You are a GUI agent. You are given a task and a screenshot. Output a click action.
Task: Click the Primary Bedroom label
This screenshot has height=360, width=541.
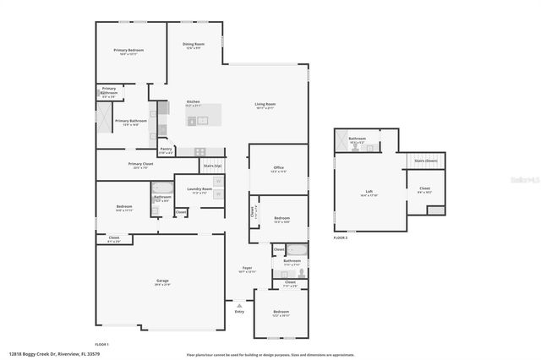(x=128, y=52)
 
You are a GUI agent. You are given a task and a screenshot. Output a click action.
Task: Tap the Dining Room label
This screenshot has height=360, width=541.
(x=194, y=45)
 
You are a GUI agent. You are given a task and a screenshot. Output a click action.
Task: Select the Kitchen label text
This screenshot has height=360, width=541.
(x=194, y=104)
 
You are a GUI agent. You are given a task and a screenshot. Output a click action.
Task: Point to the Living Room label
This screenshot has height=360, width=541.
(x=265, y=106)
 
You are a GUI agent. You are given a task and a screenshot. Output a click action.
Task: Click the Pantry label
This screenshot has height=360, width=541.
(x=167, y=150)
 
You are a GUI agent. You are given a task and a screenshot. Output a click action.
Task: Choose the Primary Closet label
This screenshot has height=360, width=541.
(x=140, y=165)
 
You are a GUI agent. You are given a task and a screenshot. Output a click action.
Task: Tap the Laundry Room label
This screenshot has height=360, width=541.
(x=200, y=190)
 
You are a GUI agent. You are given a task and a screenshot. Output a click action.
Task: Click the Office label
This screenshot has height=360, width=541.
(x=278, y=169)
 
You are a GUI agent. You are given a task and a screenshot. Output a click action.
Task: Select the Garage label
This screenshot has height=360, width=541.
(x=162, y=282)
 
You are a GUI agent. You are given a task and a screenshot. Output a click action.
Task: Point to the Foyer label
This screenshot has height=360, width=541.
(x=247, y=269)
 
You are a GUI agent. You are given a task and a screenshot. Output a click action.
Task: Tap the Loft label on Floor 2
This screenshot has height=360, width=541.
(x=369, y=193)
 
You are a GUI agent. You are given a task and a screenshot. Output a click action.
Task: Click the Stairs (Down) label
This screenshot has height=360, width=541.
(x=424, y=160)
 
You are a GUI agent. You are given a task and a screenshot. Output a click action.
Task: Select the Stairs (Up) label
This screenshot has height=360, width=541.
(x=212, y=166)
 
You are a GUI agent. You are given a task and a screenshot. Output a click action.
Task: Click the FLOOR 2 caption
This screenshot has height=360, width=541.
(x=340, y=238)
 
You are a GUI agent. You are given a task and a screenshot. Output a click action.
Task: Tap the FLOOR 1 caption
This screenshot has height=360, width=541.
(x=101, y=345)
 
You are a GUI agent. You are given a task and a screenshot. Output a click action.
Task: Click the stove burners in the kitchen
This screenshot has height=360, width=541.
(x=199, y=151)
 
